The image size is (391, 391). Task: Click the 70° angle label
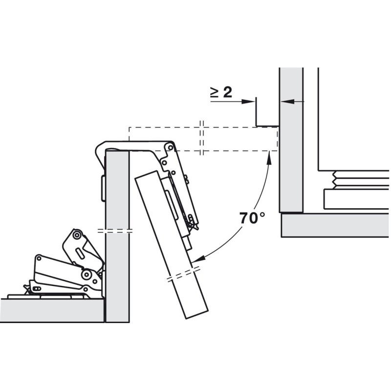pyautogui.click(x=252, y=217)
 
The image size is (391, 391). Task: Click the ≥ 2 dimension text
pyautogui.click(x=221, y=92)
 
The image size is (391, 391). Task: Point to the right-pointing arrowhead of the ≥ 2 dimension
pyautogui.click(x=248, y=101)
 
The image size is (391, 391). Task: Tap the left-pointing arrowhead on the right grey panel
pyautogui.click(x=287, y=101)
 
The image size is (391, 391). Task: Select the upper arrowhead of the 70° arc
pyautogui.click(x=269, y=156)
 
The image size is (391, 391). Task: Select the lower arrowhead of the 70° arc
pyautogui.click(x=199, y=259)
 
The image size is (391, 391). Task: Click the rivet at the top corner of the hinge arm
pyautogui.click(x=170, y=148)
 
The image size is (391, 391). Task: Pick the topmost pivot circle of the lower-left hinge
pyautogui.click(x=76, y=235)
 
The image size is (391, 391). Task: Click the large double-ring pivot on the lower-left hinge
pyautogui.click(x=87, y=275)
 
